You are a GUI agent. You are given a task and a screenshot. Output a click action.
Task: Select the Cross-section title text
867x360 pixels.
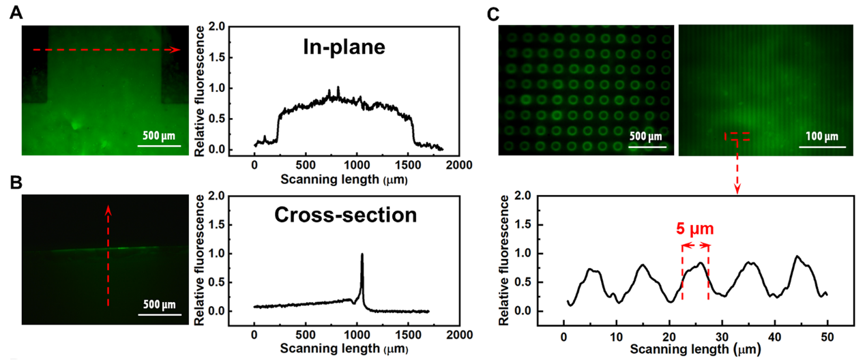click(345, 215)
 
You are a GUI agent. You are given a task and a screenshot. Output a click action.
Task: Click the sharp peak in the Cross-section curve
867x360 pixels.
click(362, 255)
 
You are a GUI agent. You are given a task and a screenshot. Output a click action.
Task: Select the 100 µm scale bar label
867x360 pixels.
click(821, 135)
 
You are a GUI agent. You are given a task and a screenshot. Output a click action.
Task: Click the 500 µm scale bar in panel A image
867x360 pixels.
click(161, 145)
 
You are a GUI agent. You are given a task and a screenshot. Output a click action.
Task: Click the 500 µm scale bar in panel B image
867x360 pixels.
click(161, 314)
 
